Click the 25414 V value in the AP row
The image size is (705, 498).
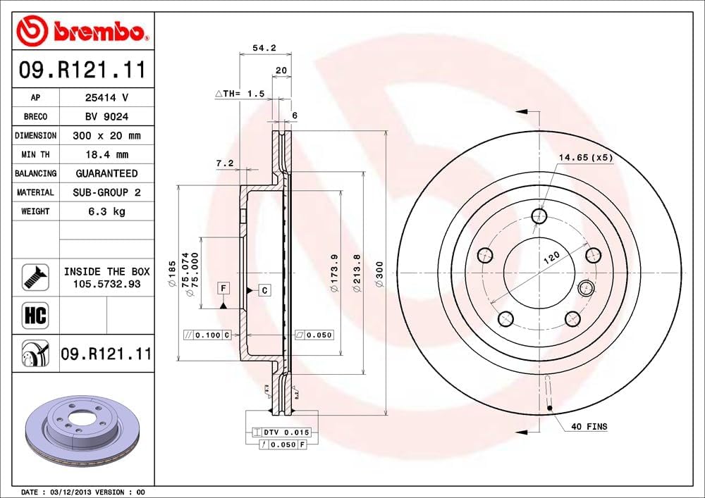pyautogui.click(x=106, y=98)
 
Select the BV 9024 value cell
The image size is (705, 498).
pyautogui.click(x=106, y=116)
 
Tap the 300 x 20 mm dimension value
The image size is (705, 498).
pyautogui.click(x=106, y=135)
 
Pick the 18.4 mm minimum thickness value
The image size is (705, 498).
pyautogui.click(x=106, y=154)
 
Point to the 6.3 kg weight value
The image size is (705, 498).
pyautogui.click(x=106, y=211)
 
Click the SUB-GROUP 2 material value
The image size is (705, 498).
pyautogui.click(x=106, y=192)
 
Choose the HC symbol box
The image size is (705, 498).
pyautogui.click(x=35, y=315)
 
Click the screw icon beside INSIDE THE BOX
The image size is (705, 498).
pyautogui.click(x=35, y=277)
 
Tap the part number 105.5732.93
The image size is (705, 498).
pyautogui.click(x=107, y=283)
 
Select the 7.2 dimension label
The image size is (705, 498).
pyautogui.click(x=224, y=163)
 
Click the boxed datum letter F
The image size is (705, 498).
pyautogui.click(x=222, y=289)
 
